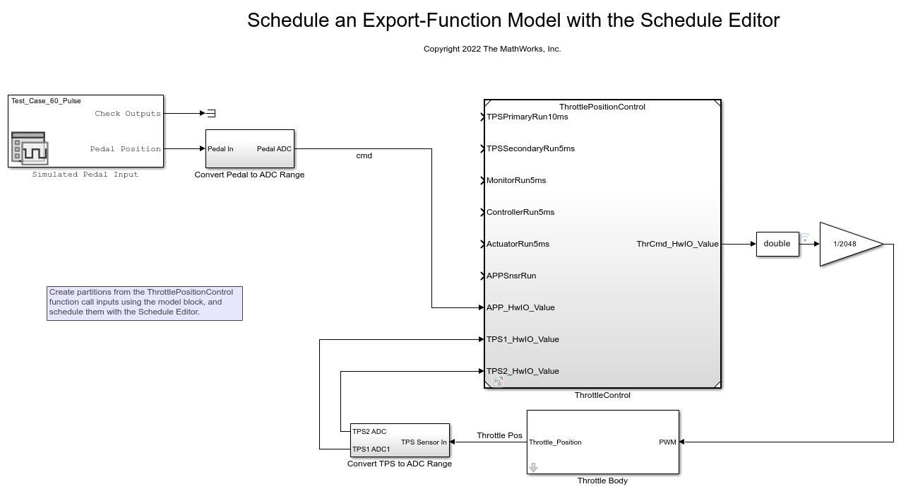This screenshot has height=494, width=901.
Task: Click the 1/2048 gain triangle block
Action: coord(849,244)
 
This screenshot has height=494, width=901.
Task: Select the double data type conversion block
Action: coord(777,244)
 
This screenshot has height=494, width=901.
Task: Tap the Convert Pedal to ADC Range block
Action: coord(250,148)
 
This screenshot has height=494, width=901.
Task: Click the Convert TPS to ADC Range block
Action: coord(400,440)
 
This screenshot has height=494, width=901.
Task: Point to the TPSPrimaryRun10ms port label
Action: coord(527,117)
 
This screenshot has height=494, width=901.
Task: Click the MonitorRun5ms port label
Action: coord(516,180)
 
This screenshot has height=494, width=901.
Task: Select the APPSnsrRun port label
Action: coord(511,276)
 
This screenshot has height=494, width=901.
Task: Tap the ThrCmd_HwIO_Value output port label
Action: coord(677,244)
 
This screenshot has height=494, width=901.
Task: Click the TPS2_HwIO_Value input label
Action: coord(523,371)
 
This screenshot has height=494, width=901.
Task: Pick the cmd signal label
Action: coord(364,155)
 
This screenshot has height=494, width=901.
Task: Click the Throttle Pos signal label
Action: coord(499,435)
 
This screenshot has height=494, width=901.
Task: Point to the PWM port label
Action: coord(667,442)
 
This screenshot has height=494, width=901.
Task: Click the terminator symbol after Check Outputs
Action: coord(211,114)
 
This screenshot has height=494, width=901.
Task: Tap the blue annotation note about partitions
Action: coord(145,304)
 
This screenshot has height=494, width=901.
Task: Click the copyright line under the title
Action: coord(492,49)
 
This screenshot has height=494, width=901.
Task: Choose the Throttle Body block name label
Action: coord(602,481)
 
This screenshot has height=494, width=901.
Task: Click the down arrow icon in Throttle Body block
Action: coord(534,467)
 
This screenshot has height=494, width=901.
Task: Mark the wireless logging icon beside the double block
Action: coord(805,237)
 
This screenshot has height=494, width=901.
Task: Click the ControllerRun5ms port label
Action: coord(520,212)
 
